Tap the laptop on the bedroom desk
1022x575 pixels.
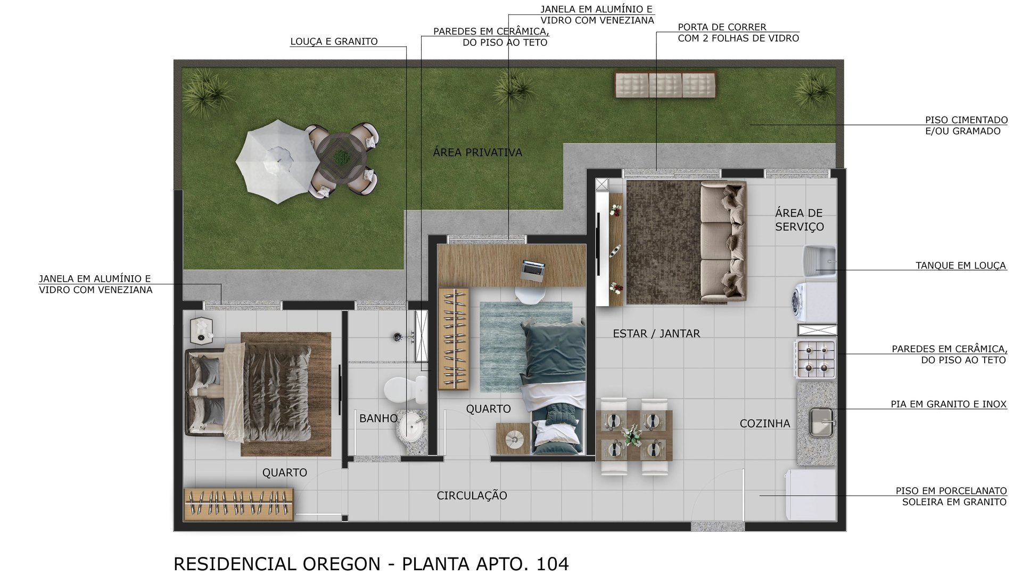533,270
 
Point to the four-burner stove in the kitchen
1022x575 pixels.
815,359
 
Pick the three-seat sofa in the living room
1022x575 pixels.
723,242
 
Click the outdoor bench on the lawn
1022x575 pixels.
665,85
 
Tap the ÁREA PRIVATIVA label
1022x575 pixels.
477,153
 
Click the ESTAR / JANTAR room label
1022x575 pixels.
656,334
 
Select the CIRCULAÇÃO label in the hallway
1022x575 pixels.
472,496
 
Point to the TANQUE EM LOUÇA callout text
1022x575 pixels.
960,265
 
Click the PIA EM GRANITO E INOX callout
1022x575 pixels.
949,405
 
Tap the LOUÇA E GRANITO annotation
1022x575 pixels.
334,42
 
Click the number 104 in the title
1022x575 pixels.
553,563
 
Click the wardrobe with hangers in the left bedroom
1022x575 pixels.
238,504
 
